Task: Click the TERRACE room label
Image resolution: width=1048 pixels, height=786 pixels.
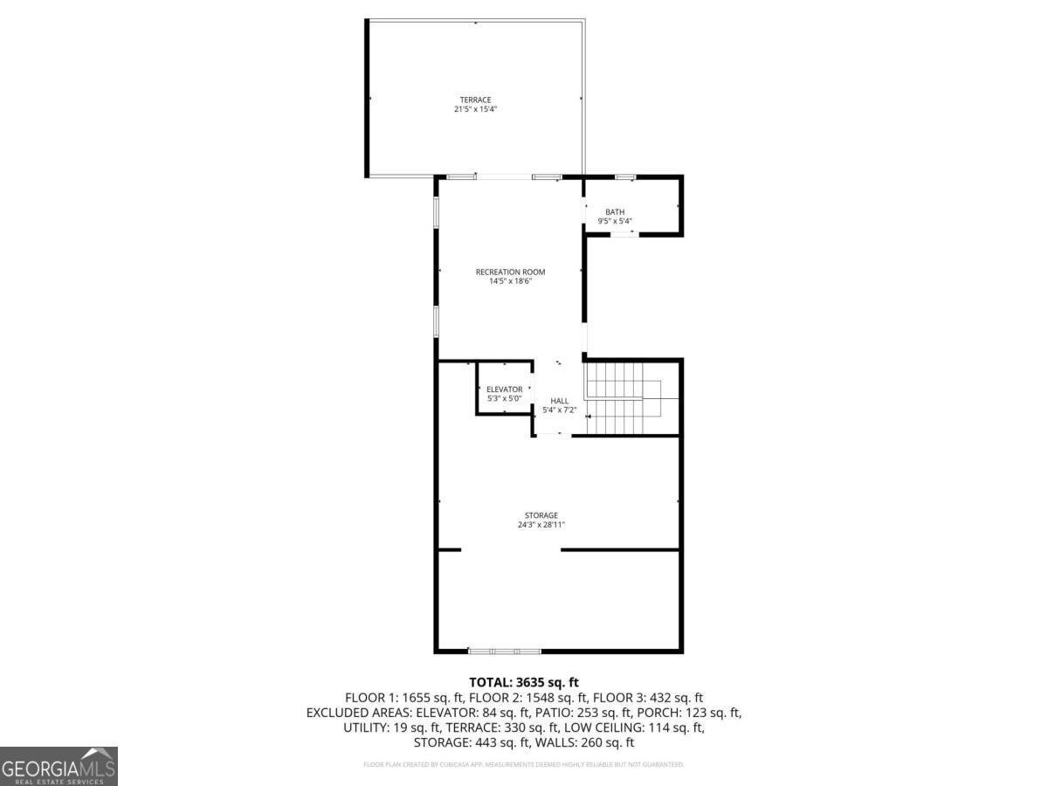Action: tap(475, 100)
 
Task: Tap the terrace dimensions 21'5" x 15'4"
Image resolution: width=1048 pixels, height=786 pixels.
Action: tap(475, 109)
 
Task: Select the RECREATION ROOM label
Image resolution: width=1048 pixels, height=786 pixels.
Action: tap(510, 272)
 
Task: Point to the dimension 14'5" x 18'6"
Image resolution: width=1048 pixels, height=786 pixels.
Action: tap(510, 281)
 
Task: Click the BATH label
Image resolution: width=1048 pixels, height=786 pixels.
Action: tap(615, 212)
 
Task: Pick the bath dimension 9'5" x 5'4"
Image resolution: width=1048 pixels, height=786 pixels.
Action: tap(615, 222)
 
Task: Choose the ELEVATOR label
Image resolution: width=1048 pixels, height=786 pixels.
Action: tap(504, 389)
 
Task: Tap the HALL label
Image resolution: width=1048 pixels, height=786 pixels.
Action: tap(559, 401)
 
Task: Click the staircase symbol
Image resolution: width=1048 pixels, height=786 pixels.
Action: tap(622, 398)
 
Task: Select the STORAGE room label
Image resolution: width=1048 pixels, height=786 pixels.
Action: tap(541, 515)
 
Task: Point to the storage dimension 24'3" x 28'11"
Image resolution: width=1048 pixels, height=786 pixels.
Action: tap(541, 525)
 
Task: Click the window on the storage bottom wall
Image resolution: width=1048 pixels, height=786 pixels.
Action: tap(504, 651)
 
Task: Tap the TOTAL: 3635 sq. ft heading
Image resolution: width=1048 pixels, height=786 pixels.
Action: tap(524, 682)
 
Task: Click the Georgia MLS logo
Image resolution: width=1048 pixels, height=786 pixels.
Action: tap(59, 766)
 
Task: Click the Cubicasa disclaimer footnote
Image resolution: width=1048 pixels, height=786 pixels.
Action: tap(524, 765)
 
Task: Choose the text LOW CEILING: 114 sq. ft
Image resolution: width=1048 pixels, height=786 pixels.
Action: tap(634, 727)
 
